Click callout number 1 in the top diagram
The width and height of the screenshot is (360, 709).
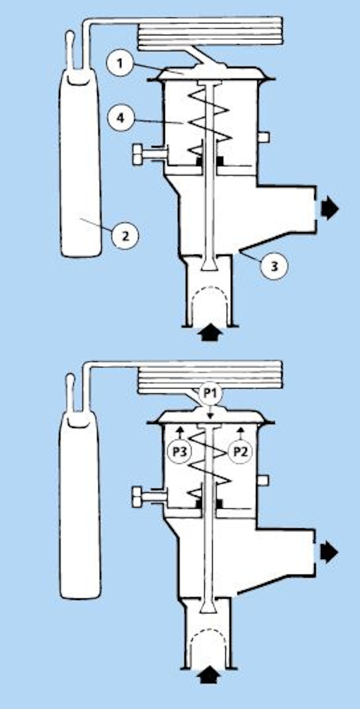point(121,63)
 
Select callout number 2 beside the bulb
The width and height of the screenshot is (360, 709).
point(125,236)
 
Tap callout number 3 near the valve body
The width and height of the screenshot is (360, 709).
point(274,266)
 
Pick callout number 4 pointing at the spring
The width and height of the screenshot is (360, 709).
point(121,118)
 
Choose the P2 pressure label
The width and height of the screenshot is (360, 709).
point(239,451)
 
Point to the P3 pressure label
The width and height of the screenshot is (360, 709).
point(180,451)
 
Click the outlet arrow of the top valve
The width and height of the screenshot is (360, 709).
point(329,209)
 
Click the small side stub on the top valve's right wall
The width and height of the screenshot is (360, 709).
point(264,137)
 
